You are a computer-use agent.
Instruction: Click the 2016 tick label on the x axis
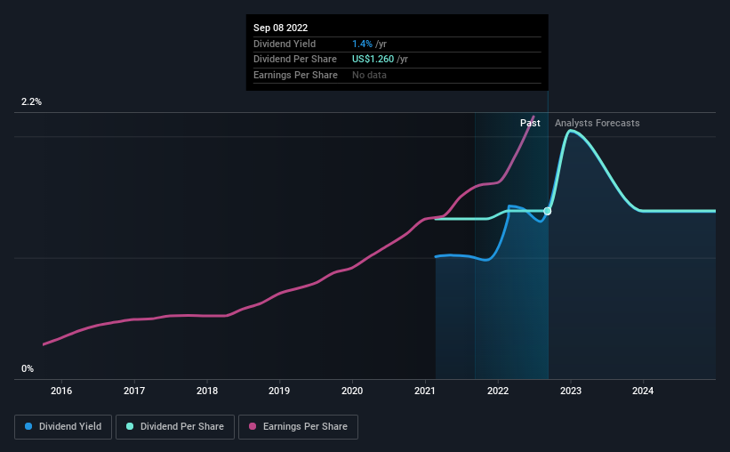coord(61,391)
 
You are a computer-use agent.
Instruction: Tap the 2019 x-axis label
coord(279,391)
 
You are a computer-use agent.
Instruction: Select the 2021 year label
coord(425,391)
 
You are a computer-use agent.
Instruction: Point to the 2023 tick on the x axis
coord(571,391)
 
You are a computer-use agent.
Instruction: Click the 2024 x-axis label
coord(643,391)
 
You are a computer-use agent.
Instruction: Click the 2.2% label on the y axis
coord(31,101)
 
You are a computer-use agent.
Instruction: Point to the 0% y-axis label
coord(28,368)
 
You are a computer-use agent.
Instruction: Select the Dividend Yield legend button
coord(63,427)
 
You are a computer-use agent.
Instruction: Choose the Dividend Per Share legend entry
coord(175,427)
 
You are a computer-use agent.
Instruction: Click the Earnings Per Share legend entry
coord(298,427)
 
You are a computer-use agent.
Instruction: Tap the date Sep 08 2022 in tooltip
coord(280,28)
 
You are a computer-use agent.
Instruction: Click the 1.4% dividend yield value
coord(362,44)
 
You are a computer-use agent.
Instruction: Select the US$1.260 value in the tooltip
coord(373,60)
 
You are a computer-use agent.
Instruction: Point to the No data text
coord(369,75)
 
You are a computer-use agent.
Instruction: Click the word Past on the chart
coord(530,123)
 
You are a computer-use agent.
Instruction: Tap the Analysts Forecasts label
coord(598,123)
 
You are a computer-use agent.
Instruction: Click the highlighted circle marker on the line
coord(548,211)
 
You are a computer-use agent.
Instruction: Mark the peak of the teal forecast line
coord(570,131)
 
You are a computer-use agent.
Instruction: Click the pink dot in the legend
coord(253,426)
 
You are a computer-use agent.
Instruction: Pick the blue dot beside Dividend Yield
coord(28,426)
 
